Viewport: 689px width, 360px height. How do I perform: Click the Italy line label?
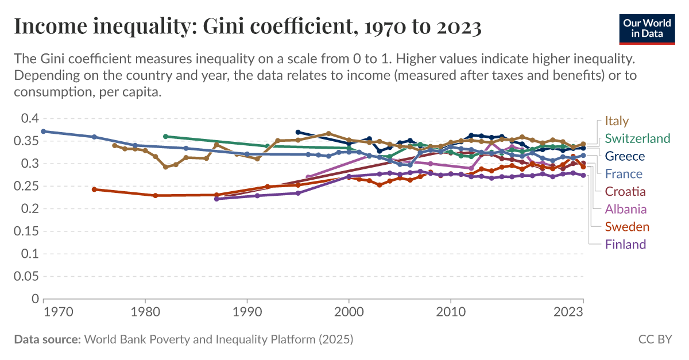tap(617, 121)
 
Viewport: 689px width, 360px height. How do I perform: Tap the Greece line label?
tap(625, 156)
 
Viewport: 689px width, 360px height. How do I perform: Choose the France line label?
tap(624, 174)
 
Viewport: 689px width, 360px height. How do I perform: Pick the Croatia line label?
tap(626, 191)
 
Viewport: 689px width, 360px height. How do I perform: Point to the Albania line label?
tap(626, 209)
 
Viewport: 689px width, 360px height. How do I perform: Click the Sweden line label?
tap(627, 227)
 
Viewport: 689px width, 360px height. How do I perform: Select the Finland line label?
tap(625, 244)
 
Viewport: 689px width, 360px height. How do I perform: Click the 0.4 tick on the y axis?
tap(29, 118)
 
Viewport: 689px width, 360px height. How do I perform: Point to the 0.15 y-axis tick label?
tap(25, 231)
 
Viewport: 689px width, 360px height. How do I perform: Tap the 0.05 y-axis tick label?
tap(25, 276)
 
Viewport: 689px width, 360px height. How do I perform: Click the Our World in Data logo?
tap(647, 28)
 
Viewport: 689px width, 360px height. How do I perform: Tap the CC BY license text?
tap(655, 339)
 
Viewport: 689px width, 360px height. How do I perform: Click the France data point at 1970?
tap(44, 131)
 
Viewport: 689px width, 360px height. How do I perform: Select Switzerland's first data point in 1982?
tap(165, 137)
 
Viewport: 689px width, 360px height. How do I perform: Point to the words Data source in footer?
tap(47, 339)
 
